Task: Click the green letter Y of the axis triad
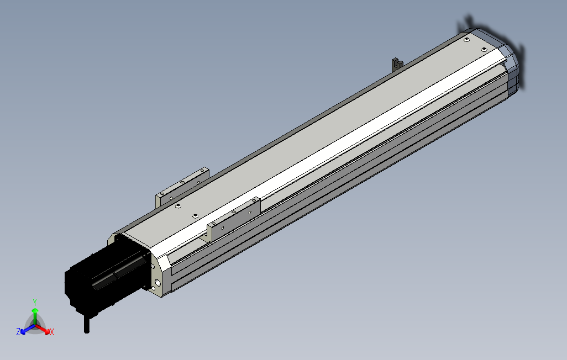pos(35,302)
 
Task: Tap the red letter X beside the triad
pos(52,332)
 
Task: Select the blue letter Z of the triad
pos(18,331)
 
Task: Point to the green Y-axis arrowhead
pos(35,310)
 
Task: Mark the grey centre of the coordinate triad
pos(35,324)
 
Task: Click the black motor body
pos(105,278)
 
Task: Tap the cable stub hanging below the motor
pos(86,324)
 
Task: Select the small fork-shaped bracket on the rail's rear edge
pos(397,65)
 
